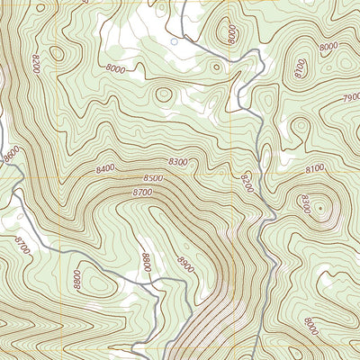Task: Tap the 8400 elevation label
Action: pyautogui.click(x=105, y=168)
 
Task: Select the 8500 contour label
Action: pyautogui.click(x=153, y=178)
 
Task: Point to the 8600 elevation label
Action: pyautogui.click(x=12, y=155)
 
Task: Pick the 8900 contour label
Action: pyautogui.click(x=186, y=265)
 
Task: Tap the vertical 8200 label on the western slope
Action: pyautogui.click(x=37, y=65)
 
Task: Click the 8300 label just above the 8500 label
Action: pyautogui.click(x=178, y=161)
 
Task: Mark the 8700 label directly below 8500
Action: pyautogui.click(x=141, y=193)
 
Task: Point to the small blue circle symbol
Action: pyautogui.click(x=174, y=40)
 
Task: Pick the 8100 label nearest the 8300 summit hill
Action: pyautogui.click(x=314, y=168)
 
